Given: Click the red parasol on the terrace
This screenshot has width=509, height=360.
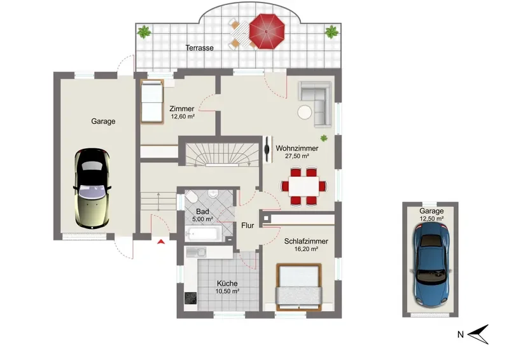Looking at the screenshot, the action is coord(267,32).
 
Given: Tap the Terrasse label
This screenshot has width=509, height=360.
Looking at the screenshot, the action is coord(200,48).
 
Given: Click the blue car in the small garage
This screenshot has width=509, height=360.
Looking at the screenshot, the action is coord(431,265).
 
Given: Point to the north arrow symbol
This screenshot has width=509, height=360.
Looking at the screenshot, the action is coord(478,334).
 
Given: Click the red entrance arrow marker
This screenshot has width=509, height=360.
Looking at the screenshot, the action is coord(161,242).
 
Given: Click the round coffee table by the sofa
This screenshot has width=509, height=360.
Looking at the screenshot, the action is coord(305,113).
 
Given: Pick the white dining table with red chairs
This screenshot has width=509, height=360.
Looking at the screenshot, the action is coord(304,186).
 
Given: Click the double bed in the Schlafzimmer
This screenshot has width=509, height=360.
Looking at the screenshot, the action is coord(298,287).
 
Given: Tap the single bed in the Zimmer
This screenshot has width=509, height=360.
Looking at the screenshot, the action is coord(152,101).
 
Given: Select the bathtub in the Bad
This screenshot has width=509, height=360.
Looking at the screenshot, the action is coord(203,233).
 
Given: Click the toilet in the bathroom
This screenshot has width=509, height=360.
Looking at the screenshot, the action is coord(191,197).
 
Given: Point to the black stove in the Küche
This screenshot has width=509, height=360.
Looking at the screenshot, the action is coord(190,298).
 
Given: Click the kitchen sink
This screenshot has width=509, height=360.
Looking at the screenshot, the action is coord(196,252).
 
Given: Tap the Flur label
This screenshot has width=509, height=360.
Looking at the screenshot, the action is coord(248,225).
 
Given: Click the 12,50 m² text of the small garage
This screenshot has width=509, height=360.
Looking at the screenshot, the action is coord(431,219).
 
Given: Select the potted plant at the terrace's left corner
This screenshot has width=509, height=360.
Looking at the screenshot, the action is coord(144,32).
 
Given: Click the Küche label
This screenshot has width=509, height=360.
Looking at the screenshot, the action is coord(227,284).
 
